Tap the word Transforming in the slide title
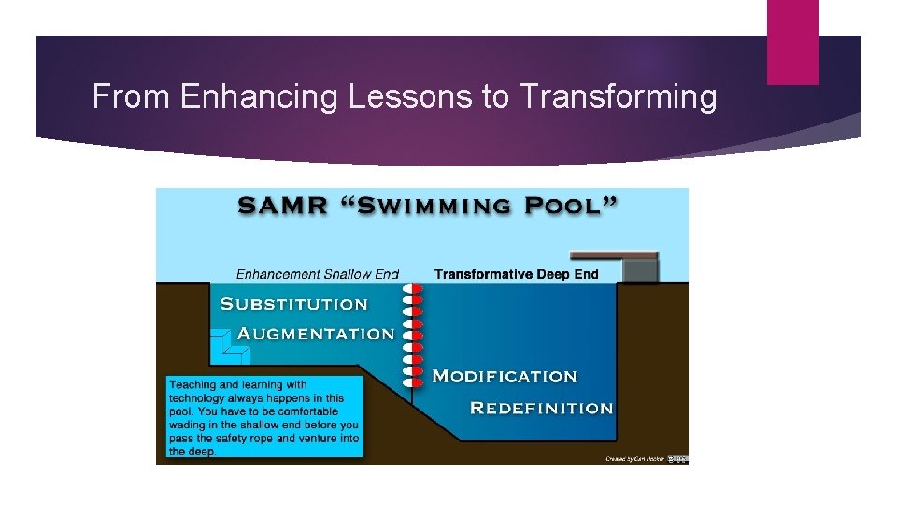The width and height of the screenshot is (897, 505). pos(619,96)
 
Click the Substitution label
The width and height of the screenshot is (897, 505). pos(293,304)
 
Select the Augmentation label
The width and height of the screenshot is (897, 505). pos(316,334)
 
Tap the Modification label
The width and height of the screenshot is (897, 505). pos(505,376)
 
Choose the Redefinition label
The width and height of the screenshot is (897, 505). pos(541,408)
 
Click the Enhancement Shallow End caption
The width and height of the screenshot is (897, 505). pos(317,275)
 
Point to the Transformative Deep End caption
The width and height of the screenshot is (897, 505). pos(516,275)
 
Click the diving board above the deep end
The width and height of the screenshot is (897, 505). pos(613,255)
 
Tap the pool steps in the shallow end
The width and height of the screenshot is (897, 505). pos(230,347)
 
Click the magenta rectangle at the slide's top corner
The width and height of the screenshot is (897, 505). pos(792,42)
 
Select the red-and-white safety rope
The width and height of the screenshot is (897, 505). pos(412,337)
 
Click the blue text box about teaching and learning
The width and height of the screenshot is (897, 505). pos(263,417)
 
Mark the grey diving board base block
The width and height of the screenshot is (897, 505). pos(641,270)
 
